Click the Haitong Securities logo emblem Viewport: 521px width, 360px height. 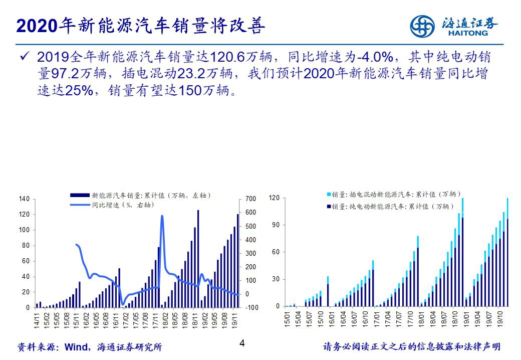(423, 26)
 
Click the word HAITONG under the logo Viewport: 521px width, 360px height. (470, 34)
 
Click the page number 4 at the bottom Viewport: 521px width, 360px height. (242, 344)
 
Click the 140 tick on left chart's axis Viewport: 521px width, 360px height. (24, 199)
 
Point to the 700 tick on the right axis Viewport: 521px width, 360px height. (251, 199)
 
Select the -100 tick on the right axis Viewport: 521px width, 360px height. (251, 307)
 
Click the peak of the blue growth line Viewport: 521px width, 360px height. (162, 216)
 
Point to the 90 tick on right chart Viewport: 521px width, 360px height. (275, 225)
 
